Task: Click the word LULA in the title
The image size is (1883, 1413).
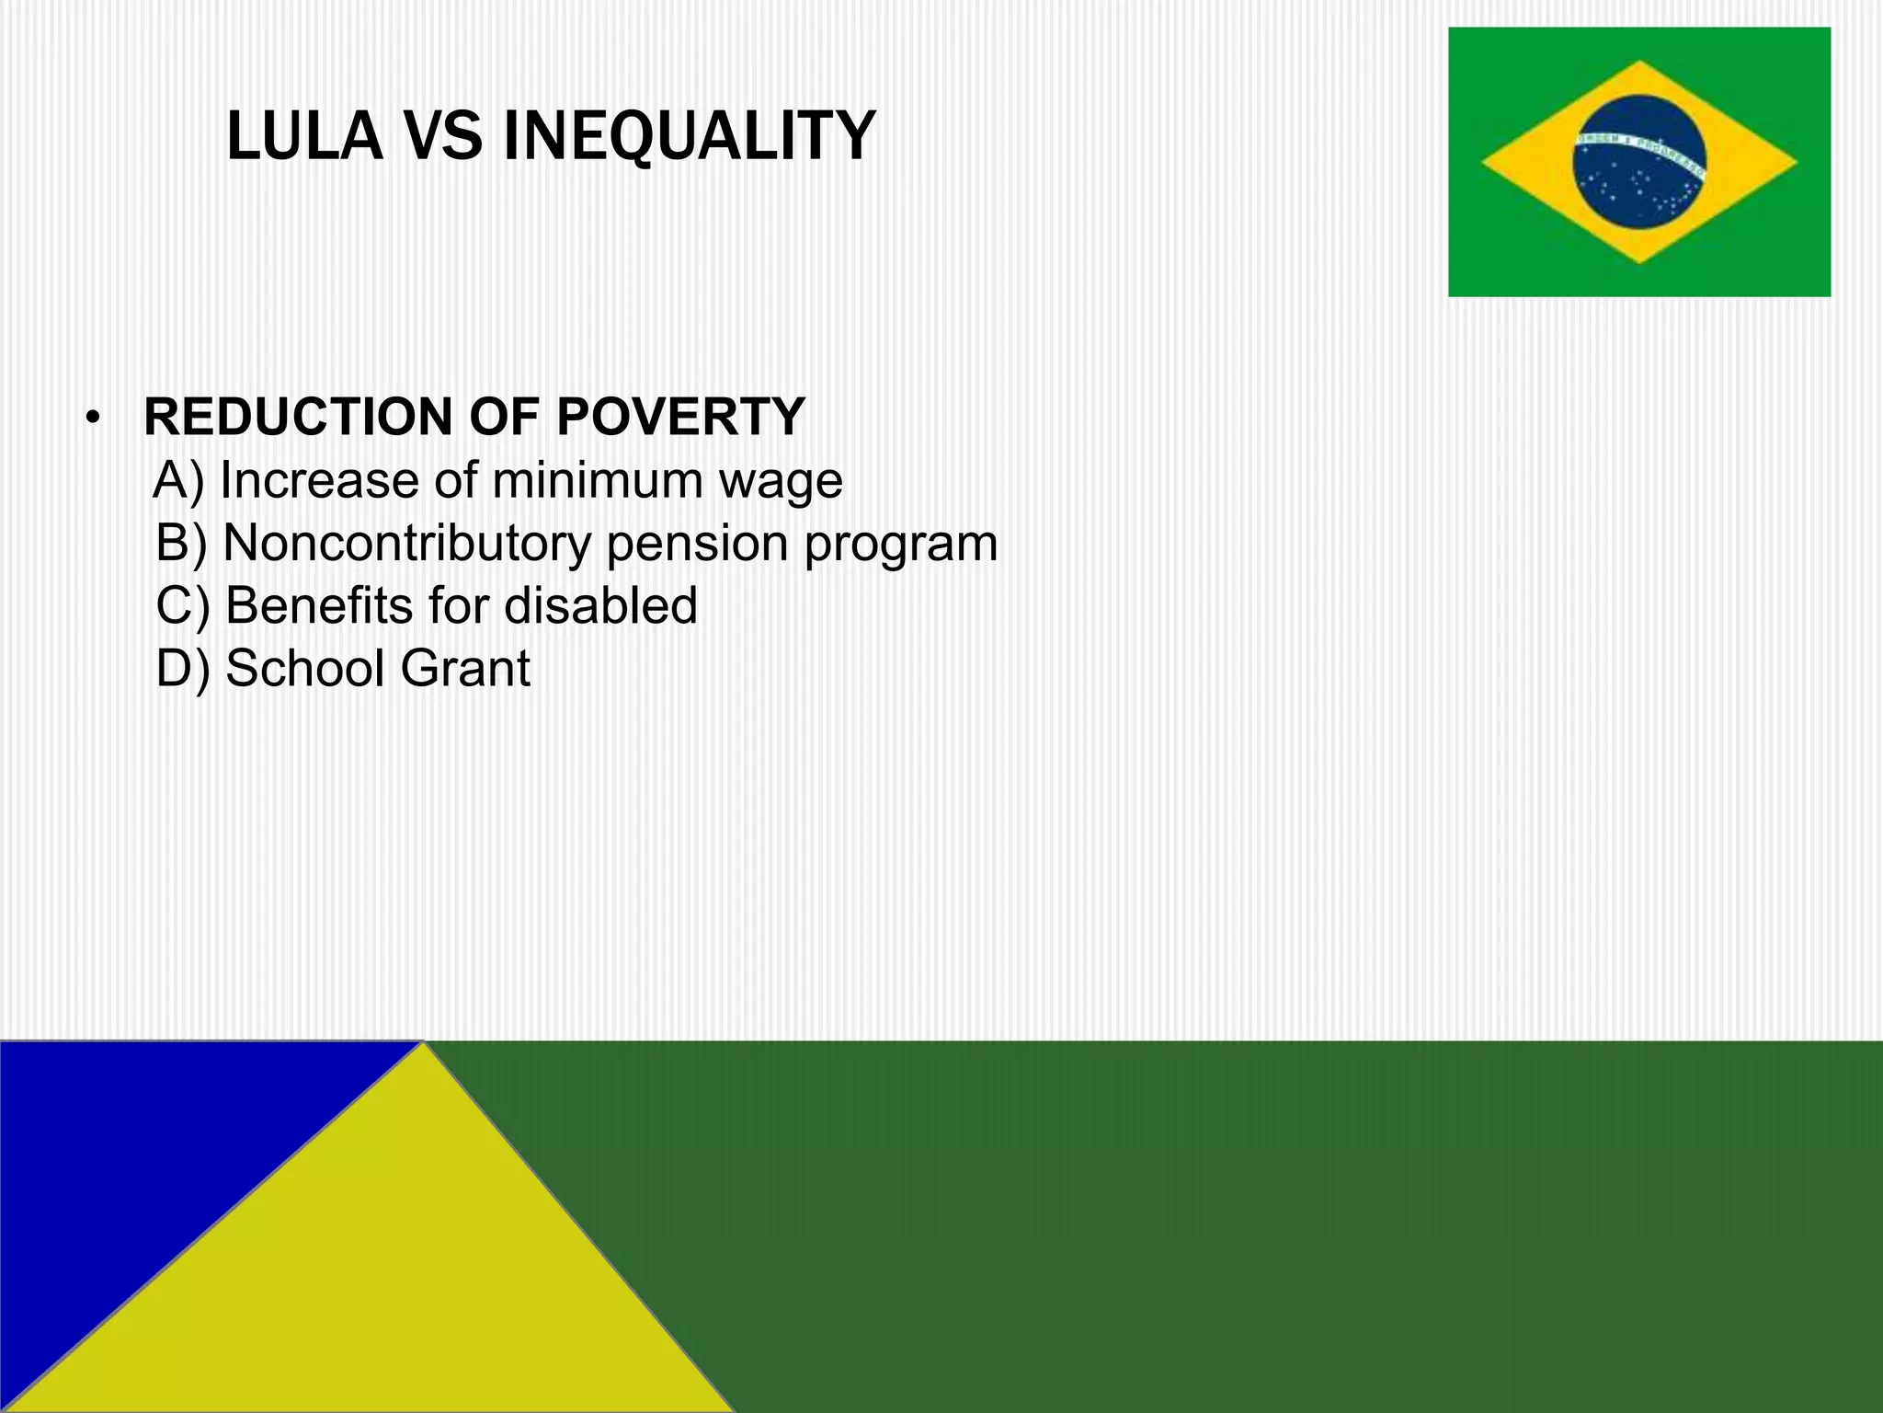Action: coord(303,136)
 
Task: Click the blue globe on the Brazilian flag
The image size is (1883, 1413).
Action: coord(1638,162)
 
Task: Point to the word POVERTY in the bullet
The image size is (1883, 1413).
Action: coord(680,417)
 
